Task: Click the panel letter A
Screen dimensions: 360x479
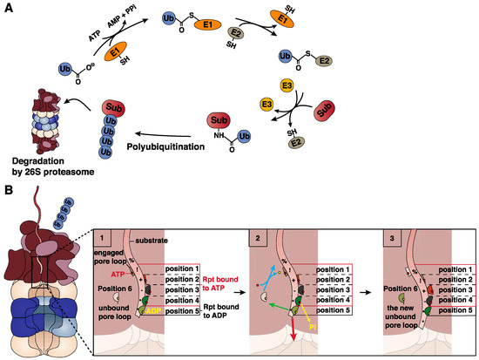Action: (x=8, y=8)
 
